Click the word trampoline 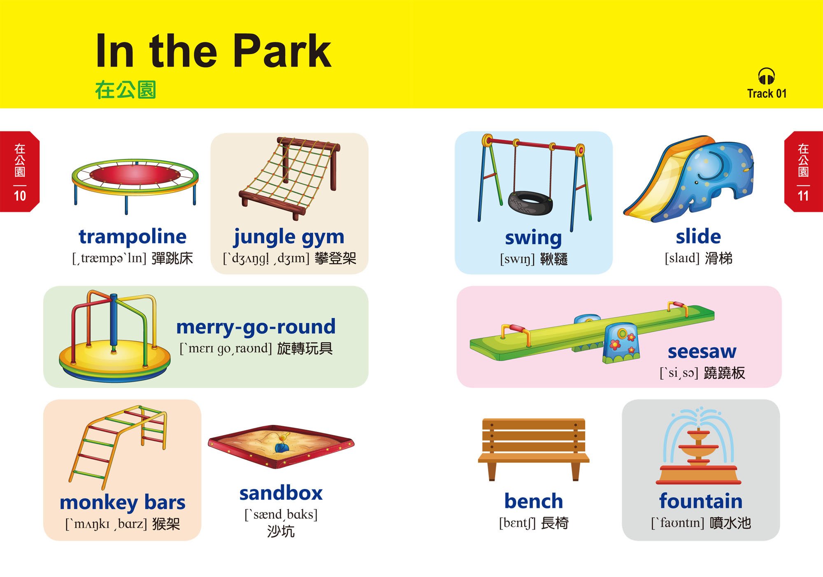tap(133, 237)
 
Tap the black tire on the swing tap(530, 203)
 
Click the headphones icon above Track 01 tap(767, 77)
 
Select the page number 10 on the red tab tap(20, 196)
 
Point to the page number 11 tap(803, 196)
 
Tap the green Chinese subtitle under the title tap(126, 90)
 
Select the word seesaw tap(702, 351)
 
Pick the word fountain tap(701, 501)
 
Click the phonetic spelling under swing tap(517, 259)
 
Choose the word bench tap(534, 501)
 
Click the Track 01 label tap(767, 94)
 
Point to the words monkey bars tap(123, 503)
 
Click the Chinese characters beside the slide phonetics tap(718, 258)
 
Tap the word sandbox tap(281, 493)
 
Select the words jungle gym tap(289, 238)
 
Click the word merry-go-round tap(256, 327)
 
